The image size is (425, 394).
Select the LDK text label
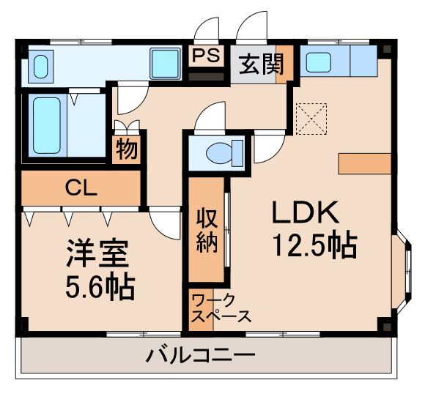pyautogui.click(x=305, y=212)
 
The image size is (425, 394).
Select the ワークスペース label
pyautogui.click(x=221, y=308)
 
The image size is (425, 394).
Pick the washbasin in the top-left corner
pyautogui.click(x=40, y=65)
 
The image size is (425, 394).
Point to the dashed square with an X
pyautogui.click(x=310, y=117)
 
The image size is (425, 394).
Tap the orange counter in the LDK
pyautogui.click(x=364, y=163)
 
